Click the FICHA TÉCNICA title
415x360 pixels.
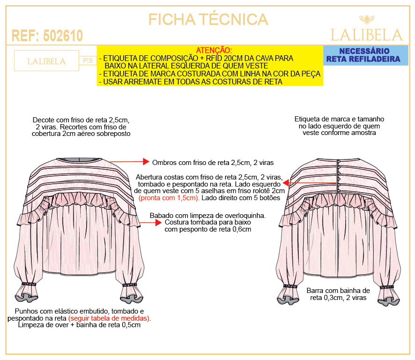pos(208,19)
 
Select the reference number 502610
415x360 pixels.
pos(63,36)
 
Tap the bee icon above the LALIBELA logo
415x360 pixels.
pos(367,19)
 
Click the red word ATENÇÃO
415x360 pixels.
pos(214,50)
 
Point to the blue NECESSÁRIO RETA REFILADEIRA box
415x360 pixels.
pos(365,55)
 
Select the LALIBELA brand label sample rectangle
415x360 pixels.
pos(46,60)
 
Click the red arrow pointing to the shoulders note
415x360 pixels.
pos(129,162)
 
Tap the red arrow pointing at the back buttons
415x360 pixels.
pos(310,183)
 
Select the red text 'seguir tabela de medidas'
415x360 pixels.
pos(109,318)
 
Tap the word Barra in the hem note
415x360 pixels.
pos(315,291)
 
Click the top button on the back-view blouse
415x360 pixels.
pos(339,161)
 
